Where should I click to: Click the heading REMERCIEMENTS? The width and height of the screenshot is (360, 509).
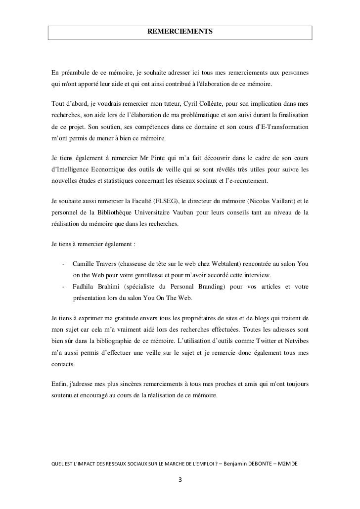pyautogui.click(x=180, y=32)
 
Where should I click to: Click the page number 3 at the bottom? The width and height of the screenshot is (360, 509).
pyautogui.click(x=180, y=479)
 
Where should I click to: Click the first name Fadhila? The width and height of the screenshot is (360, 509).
pyautogui.click(x=85, y=287)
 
